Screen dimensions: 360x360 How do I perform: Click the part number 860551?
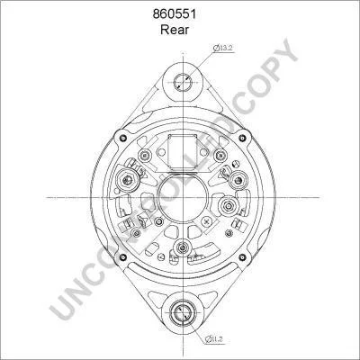pos(175,14)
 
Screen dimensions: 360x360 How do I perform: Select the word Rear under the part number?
pos(175,30)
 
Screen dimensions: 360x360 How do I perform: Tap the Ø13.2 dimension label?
pos(223,48)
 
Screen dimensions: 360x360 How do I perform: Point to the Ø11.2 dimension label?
pos(215,339)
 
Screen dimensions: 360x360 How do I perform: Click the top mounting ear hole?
pos(183,82)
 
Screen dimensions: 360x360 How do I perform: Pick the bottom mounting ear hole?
pos(183,312)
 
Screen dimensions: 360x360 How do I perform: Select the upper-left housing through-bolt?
pos(122,138)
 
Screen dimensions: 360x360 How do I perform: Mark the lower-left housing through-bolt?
pos(122,257)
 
